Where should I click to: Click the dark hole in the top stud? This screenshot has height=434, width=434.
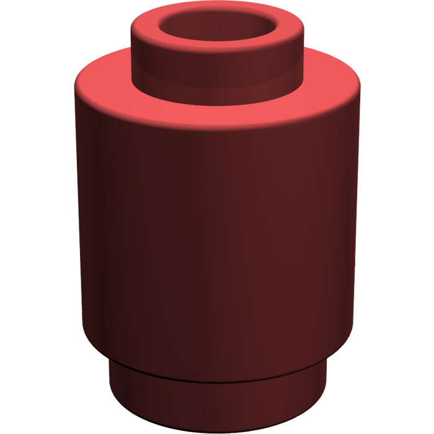(217, 32)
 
